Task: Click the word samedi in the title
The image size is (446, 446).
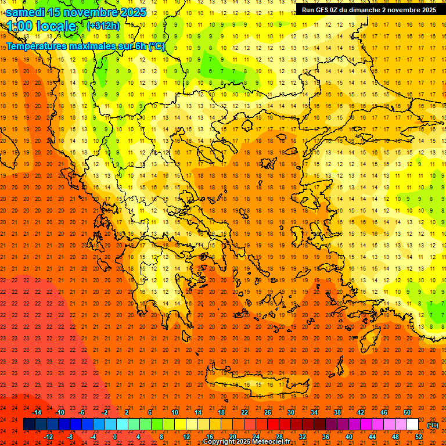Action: pos(26,12)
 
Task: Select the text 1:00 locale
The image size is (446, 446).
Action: pos(42,26)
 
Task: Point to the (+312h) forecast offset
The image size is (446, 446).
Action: pos(104,26)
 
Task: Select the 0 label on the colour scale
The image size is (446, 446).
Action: pos(115,437)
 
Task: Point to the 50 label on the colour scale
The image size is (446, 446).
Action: pos(407,412)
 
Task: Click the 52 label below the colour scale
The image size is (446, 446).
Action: pos(418,437)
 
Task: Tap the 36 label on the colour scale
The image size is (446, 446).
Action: pos(326,437)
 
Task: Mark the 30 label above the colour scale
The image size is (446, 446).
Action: pos(290,412)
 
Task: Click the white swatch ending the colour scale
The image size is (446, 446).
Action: pos(412,425)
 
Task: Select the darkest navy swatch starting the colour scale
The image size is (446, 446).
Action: pos(29,425)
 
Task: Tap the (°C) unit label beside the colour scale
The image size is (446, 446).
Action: pos(432,425)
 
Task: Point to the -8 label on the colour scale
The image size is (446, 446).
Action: pos(70,437)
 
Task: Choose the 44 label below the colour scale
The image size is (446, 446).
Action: pos(372,437)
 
